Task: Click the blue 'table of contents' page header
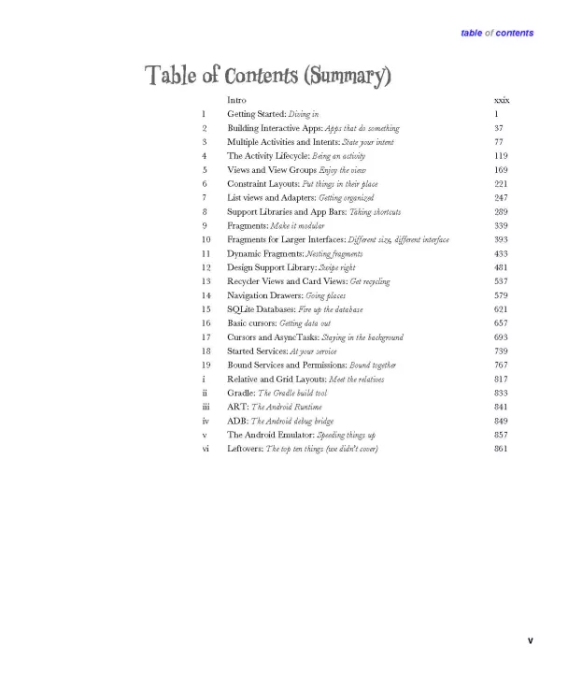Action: (x=497, y=33)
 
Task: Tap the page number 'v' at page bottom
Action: (x=530, y=640)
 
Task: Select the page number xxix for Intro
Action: (x=502, y=100)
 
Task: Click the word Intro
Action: (x=237, y=100)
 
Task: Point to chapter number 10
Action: (x=206, y=239)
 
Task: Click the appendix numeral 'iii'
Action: (x=206, y=407)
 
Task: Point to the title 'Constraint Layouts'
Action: (x=263, y=184)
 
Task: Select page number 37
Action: (x=499, y=128)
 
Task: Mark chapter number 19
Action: (x=206, y=365)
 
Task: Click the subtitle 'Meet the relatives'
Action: (x=356, y=379)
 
